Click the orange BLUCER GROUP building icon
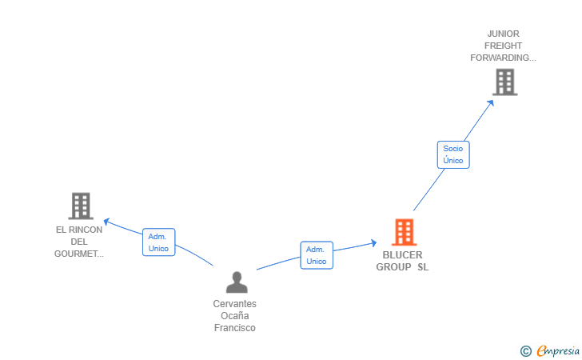(x=405, y=232)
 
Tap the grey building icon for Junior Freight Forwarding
(x=504, y=82)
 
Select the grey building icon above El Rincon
(x=81, y=206)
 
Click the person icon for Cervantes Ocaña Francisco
(x=236, y=282)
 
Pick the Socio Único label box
(x=453, y=154)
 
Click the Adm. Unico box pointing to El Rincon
(x=158, y=242)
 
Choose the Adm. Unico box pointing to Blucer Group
(x=317, y=255)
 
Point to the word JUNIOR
(x=504, y=34)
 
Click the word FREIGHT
(x=504, y=46)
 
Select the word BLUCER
(x=402, y=255)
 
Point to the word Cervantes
(x=235, y=304)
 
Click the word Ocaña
(x=235, y=316)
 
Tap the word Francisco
(x=235, y=328)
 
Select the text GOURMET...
(x=79, y=254)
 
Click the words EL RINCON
(x=79, y=230)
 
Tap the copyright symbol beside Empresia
(x=525, y=350)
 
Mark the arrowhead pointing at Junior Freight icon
(x=490, y=101)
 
